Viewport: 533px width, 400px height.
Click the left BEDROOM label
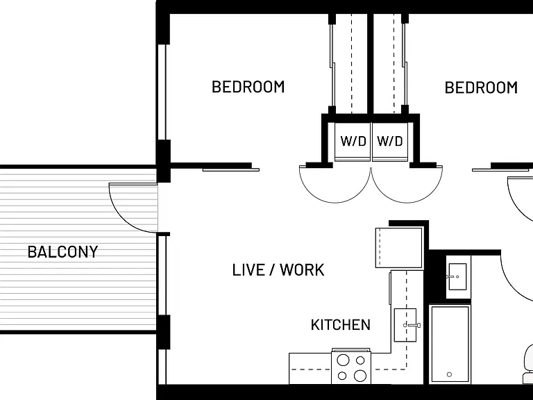(x=248, y=87)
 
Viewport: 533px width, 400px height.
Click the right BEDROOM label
(x=481, y=87)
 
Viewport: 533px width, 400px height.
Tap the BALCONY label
(x=63, y=251)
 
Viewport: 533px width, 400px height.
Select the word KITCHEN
(x=341, y=325)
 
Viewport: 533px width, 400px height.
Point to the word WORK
(x=302, y=270)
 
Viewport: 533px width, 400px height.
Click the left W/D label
(x=353, y=141)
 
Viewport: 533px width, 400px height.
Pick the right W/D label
(x=390, y=141)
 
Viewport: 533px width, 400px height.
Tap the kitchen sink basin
(x=405, y=325)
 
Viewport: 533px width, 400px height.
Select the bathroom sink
(x=457, y=276)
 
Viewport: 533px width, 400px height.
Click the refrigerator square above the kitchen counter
(x=399, y=248)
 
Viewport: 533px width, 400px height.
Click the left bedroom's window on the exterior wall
(x=162, y=92)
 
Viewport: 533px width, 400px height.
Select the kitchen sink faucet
(x=412, y=325)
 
